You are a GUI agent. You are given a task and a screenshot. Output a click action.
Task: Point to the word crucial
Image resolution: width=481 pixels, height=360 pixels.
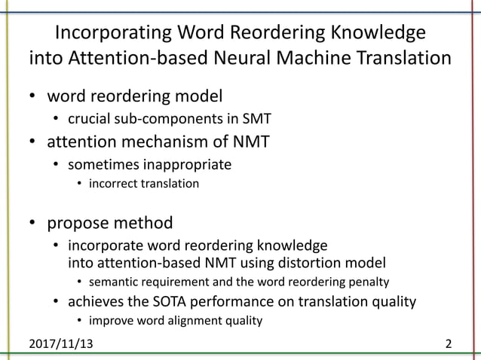pos(88,119)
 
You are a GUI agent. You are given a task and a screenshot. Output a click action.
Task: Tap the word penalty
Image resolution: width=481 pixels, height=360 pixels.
pos(369,282)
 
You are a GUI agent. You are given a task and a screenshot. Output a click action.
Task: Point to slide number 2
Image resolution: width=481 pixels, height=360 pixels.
pos(449,345)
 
